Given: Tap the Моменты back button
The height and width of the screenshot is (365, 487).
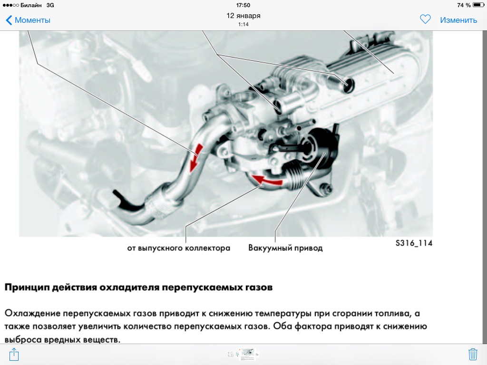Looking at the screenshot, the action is (x=28, y=20).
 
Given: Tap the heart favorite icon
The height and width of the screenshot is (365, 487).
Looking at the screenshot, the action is (x=425, y=19).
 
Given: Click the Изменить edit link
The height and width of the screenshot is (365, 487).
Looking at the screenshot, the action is (x=458, y=20).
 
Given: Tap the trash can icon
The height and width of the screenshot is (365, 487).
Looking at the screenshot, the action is (x=473, y=354).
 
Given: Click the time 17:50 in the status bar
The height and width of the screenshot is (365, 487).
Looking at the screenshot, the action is (x=243, y=5).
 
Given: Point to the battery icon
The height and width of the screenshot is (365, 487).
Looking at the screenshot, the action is (x=478, y=5).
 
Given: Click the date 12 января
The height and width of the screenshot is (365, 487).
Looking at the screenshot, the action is (x=243, y=16).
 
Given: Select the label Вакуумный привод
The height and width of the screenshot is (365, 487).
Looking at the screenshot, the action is (x=285, y=248).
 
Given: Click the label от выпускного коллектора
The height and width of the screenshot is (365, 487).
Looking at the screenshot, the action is (x=179, y=248).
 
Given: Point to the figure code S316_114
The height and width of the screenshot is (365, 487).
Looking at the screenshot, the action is (x=414, y=243).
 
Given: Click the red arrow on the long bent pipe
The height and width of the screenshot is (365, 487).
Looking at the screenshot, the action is (x=195, y=157).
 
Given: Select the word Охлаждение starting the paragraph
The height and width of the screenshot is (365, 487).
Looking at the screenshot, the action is (x=32, y=313).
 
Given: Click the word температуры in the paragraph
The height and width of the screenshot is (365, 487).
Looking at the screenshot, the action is (x=283, y=314).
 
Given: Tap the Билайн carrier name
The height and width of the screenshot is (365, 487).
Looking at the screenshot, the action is (x=31, y=5).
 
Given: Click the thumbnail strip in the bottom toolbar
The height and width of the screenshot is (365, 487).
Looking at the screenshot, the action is (x=243, y=354).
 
